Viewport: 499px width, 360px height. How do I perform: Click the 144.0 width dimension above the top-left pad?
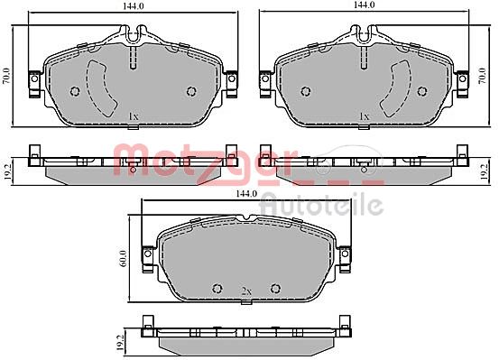[x=132, y=6]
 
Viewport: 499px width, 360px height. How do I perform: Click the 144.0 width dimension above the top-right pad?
[x=364, y=5]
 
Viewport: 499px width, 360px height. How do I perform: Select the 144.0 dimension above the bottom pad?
[x=246, y=193]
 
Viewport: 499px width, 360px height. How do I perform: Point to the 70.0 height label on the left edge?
[x=6, y=76]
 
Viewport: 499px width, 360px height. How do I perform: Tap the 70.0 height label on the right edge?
[x=483, y=76]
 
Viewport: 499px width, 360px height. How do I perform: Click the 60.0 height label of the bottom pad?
[x=125, y=258]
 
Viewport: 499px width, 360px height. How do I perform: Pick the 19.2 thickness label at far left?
[x=7, y=173]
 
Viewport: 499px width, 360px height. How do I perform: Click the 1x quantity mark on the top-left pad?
[x=134, y=116]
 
